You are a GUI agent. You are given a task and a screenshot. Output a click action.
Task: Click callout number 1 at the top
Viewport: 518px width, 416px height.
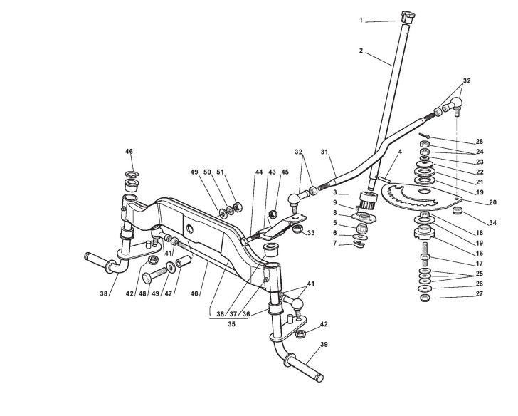click(x=361, y=21)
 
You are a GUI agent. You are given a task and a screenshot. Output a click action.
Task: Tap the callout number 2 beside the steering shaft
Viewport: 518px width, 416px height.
click(x=361, y=51)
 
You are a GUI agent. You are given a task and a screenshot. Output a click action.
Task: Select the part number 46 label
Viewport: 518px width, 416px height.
click(x=129, y=152)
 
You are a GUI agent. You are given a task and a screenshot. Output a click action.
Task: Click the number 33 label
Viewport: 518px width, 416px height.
click(x=310, y=234)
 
